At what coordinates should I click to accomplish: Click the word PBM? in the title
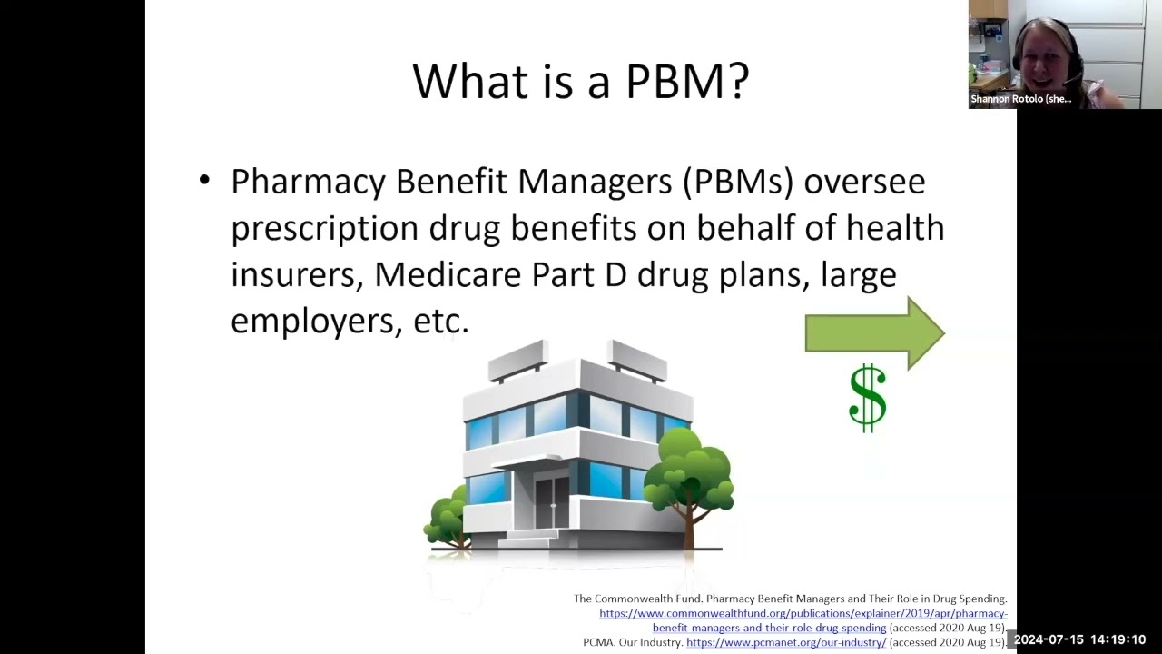pos(687,81)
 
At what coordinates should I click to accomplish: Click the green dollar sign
pos(868,398)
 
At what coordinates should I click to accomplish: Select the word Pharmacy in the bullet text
pos(308,182)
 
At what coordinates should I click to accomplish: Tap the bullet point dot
pos(204,180)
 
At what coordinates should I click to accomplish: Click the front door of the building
pos(550,500)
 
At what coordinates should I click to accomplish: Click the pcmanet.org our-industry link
pos(785,642)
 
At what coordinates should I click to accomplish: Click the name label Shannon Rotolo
pos(1020,99)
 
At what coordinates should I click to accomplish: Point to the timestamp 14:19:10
pos(1118,640)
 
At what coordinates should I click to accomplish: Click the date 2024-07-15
pos(1049,640)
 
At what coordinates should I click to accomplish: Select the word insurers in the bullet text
pos(297,274)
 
